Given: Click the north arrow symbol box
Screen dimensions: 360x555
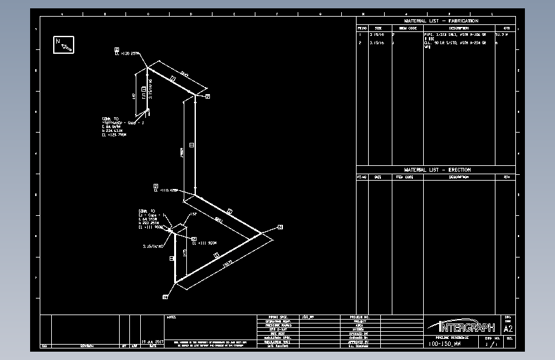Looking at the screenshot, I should [64, 45].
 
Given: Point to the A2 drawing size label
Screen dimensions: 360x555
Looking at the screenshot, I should [508, 329].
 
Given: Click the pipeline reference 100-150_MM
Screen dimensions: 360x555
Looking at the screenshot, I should [444, 344].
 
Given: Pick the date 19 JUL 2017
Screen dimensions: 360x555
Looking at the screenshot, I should [153, 341].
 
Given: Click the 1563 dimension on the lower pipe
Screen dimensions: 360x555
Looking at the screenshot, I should [226, 263].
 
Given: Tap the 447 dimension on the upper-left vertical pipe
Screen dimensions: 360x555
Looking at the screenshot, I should [134, 95].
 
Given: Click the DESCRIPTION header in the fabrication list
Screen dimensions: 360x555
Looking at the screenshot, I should [458, 28].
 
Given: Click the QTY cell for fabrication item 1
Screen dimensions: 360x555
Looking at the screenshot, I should [506, 34].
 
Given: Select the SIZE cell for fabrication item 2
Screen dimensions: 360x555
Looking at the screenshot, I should [377, 43].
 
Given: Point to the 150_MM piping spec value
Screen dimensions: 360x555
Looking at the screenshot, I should [309, 317].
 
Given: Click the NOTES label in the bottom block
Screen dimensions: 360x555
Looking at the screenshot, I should [172, 317].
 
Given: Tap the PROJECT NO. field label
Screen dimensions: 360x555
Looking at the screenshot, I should [360, 317].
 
